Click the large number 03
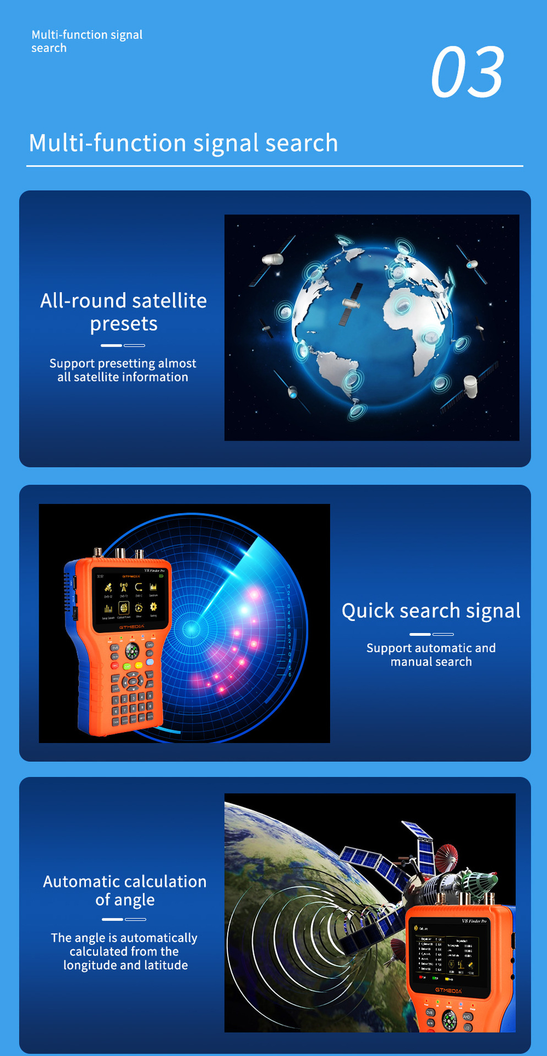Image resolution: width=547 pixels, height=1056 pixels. coord(467,72)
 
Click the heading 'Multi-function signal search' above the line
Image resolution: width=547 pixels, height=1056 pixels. coord(183,143)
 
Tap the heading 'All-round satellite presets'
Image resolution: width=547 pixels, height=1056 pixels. coord(124,312)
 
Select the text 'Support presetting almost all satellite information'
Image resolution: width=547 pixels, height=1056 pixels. coord(123,370)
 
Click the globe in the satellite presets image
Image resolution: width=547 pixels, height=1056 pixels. coord(372,327)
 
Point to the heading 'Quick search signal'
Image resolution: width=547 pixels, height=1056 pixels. coord(431,611)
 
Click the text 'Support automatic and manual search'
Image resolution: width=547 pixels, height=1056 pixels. coord(431,654)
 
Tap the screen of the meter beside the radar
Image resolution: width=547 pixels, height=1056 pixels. coord(131,597)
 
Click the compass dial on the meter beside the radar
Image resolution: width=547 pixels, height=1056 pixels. coord(132,651)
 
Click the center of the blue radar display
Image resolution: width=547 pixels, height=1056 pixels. coord(192,629)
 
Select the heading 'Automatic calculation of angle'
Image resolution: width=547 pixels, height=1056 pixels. coord(125,890)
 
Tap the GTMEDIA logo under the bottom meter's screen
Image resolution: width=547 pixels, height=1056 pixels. coord(448,991)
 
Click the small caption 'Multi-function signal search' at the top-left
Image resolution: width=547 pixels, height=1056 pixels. coord(86,41)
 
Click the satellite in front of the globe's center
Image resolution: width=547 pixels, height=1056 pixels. coord(351,304)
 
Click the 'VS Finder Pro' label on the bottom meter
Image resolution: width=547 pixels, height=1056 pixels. coord(474,921)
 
